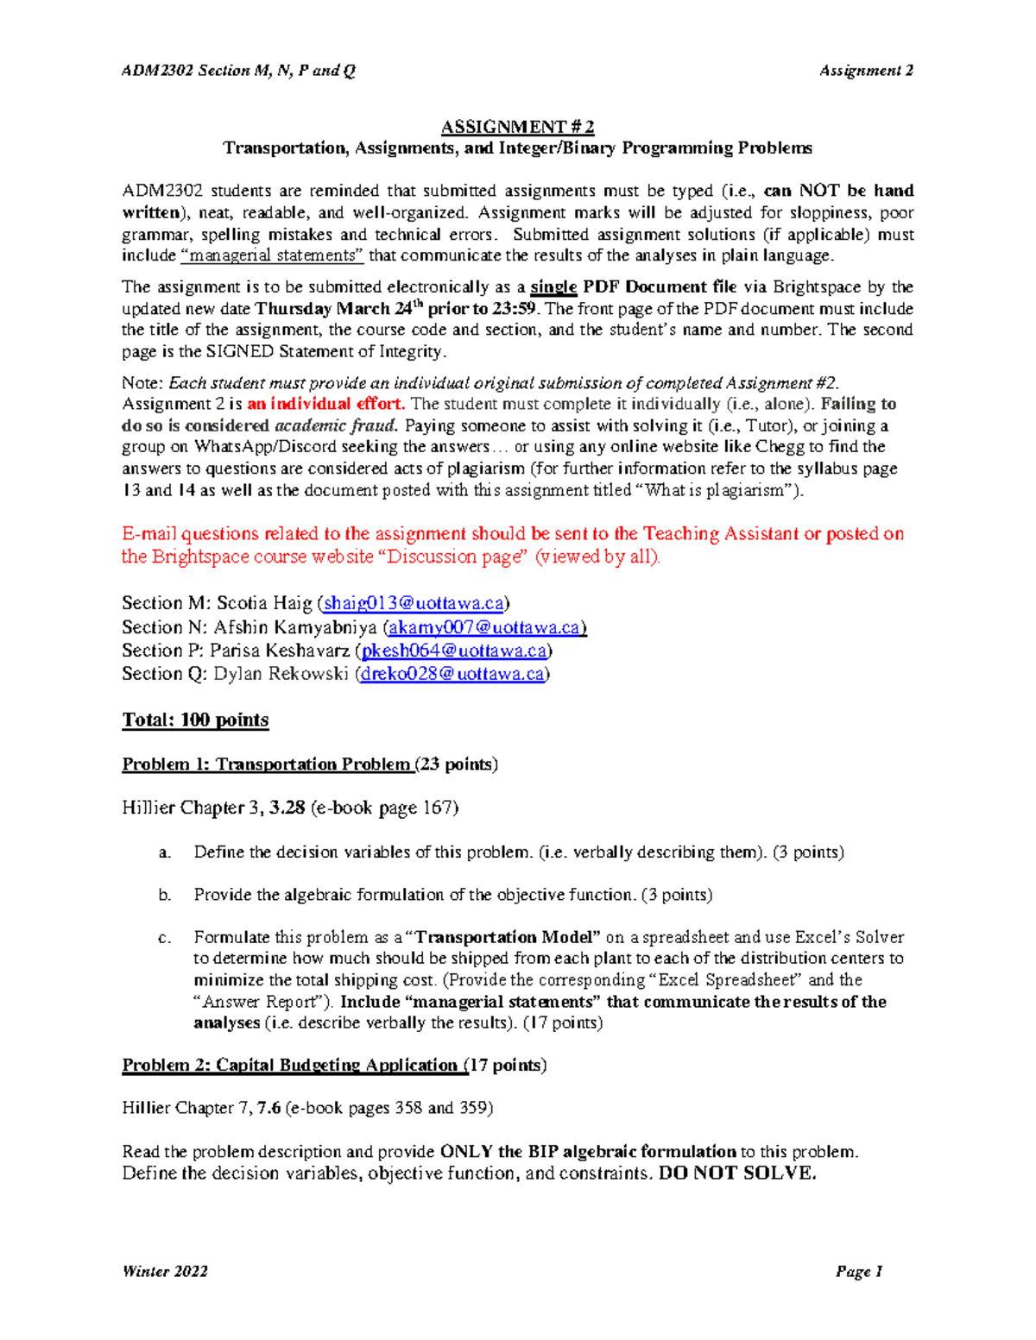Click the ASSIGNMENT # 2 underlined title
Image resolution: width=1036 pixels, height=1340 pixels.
click(517, 127)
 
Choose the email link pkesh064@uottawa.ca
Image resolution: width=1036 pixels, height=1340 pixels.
click(454, 651)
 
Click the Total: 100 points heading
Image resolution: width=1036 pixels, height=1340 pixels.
click(195, 720)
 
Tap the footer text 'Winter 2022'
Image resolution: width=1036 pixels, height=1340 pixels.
click(165, 1271)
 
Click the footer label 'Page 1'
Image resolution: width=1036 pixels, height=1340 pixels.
click(858, 1271)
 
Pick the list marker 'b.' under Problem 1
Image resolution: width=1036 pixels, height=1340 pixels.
click(165, 895)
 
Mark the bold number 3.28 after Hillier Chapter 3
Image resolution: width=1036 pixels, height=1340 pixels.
click(287, 808)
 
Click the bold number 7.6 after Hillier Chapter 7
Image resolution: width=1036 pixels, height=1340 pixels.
click(268, 1108)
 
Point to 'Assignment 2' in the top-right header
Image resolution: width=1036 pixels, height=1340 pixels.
click(866, 71)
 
